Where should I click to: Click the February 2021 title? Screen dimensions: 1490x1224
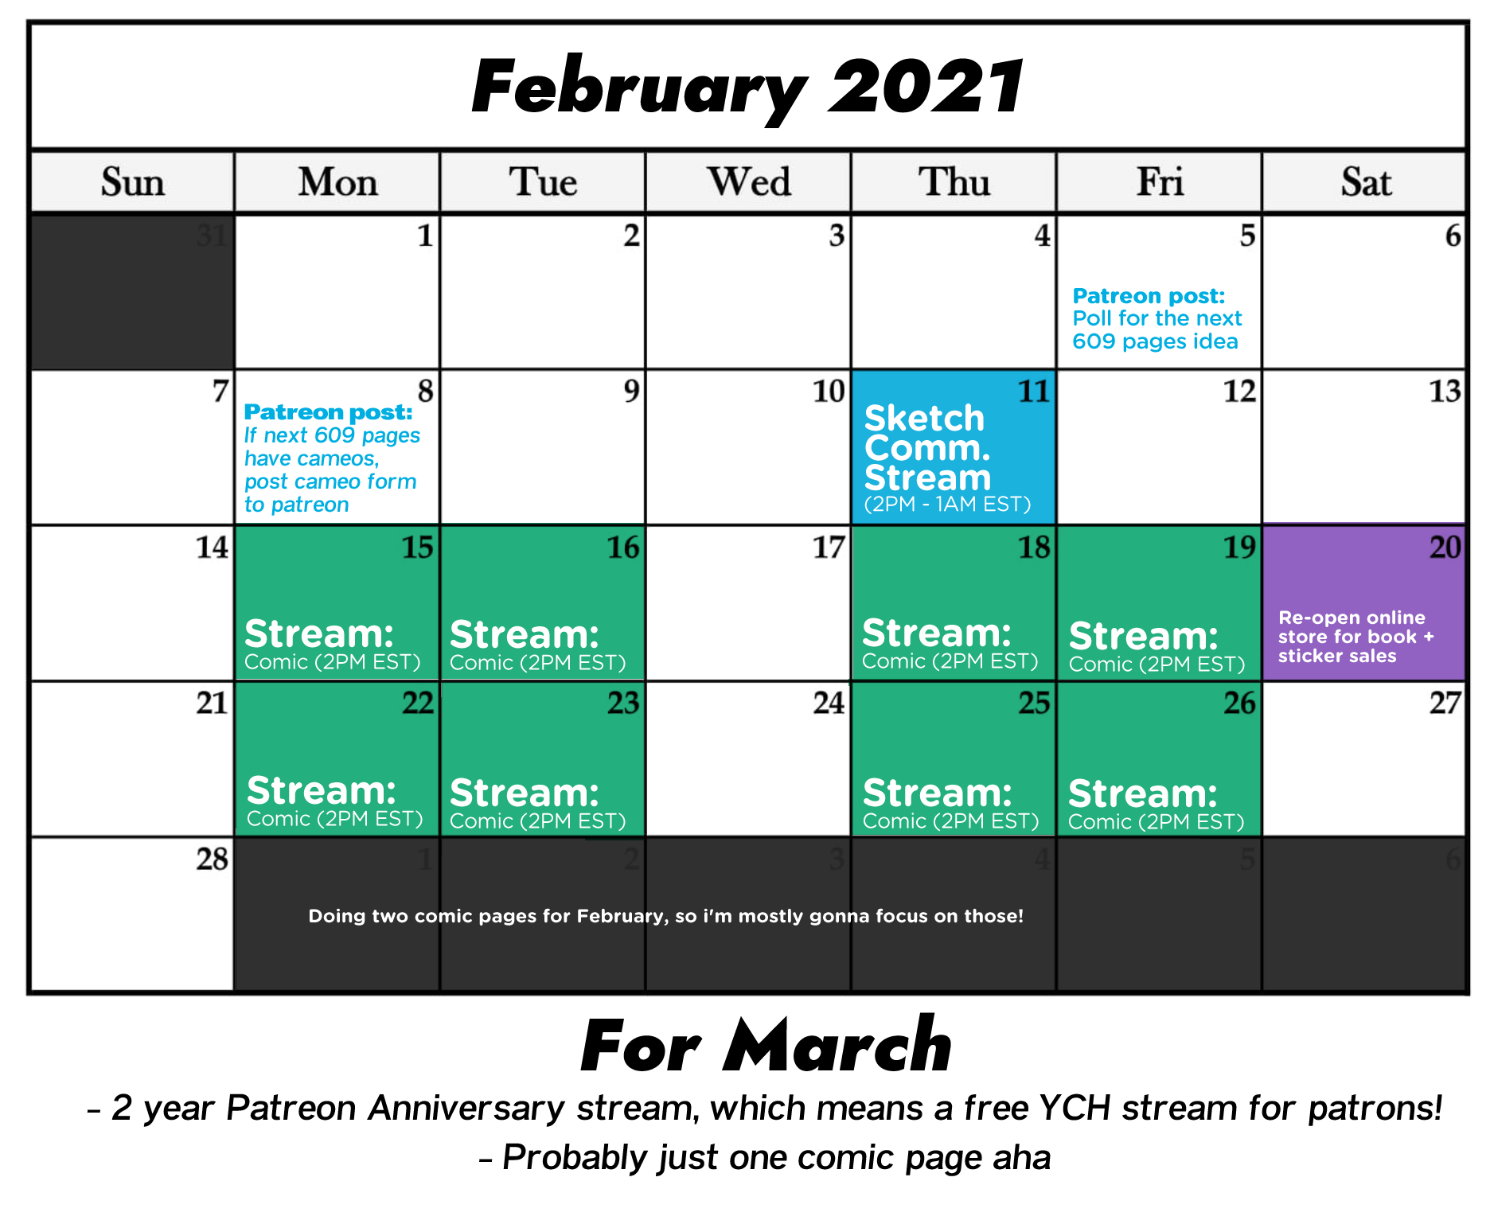coord(747,88)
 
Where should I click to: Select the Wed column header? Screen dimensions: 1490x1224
coord(749,181)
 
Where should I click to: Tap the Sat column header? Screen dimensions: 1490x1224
coord(1366,182)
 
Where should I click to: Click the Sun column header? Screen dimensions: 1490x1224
coord(133,182)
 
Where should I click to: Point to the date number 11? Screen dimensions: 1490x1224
coord(1034,391)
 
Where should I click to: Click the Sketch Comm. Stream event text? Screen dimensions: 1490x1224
coord(928,447)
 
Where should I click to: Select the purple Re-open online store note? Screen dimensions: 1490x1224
coord(1356,637)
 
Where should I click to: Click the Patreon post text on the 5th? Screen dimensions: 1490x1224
coord(1157,318)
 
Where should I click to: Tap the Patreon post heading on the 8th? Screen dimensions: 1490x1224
coord(328,412)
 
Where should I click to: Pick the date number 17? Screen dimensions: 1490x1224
coord(829,547)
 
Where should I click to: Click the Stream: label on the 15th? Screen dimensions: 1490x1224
coord(319,634)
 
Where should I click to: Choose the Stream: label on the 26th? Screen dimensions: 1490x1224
coord(1143,793)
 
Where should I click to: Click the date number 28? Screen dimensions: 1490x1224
coord(213,859)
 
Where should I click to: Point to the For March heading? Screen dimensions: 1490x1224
coord(766,1046)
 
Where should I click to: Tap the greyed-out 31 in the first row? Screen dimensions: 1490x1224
coord(213,236)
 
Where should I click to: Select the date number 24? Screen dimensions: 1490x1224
coord(829,703)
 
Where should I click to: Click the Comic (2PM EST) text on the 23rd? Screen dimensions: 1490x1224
coord(538,821)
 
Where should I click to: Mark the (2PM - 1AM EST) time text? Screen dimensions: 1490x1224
coord(947,505)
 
